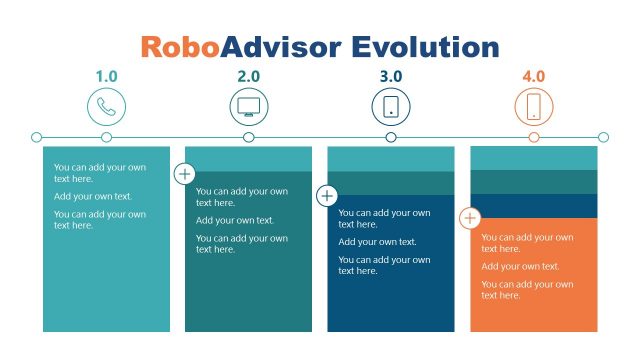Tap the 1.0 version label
click(x=107, y=76)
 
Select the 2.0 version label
click(x=249, y=76)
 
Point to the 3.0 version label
click(x=391, y=76)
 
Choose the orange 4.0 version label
click(x=534, y=76)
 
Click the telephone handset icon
click(x=107, y=106)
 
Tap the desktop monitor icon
click(x=249, y=106)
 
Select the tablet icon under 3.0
click(x=391, y=106)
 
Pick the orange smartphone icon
click(x=534, y=106)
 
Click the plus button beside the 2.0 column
click(x=185, y=173)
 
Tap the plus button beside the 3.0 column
click(x=327, y=195)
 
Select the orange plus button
click(x=470, y=217)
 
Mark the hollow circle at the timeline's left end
click(x=37, y=137)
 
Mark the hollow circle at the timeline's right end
click(x=603, y=137)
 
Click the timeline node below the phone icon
click(x=107, y=137)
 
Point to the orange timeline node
click(x=534, y=137)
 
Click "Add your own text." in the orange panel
click(x=520, y=266)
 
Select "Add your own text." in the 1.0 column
click(x=93, y=196)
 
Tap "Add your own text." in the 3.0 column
click(x=377, y=242)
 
